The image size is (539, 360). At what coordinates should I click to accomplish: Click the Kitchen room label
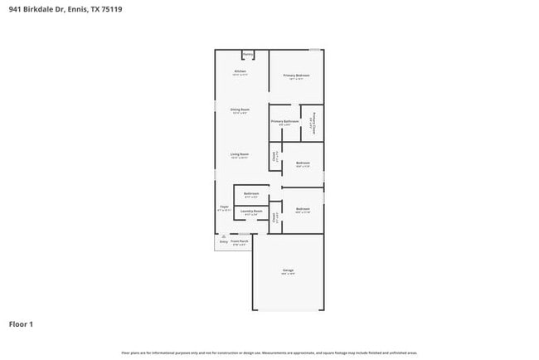(x=240, y=72)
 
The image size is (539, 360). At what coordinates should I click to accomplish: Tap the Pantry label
(x=248, y=55)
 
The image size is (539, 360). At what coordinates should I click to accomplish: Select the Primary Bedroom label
(x=296, y=75)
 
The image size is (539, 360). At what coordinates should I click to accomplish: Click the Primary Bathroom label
(x=284, y=121)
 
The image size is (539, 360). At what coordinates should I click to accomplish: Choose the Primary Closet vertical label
(x=313, y=124)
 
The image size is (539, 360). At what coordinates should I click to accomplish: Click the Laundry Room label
(x=251, y=212)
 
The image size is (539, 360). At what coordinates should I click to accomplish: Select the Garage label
(x=288, y=270)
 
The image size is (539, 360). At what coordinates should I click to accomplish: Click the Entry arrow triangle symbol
(x=224, y=236)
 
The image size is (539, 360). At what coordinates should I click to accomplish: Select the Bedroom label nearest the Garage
(x=302, y=209)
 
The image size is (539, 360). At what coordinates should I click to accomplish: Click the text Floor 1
(x=21, y=324)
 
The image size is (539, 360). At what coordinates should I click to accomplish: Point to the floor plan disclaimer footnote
(x=269, y=352)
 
